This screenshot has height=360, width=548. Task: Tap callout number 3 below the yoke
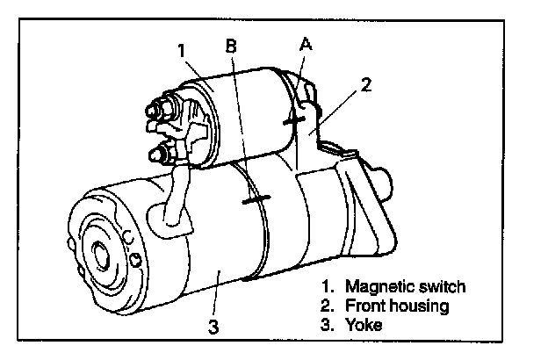click(213, 328)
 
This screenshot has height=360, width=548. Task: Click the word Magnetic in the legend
click(376, 287)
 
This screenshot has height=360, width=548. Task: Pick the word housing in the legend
click(418, 306)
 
